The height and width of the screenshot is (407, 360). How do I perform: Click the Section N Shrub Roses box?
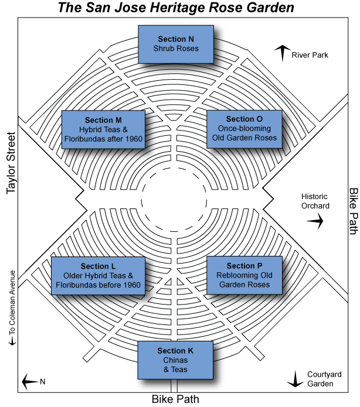[176, 45]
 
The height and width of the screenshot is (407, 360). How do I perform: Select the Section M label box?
[103, 129]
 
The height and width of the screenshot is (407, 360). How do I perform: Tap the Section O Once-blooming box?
[244, 129]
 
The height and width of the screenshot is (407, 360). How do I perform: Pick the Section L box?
[98, 276]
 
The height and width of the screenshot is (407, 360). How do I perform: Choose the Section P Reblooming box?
[244, 275]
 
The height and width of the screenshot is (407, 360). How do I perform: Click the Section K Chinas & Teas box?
[175, 360]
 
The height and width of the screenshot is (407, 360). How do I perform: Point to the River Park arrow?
[283, 53]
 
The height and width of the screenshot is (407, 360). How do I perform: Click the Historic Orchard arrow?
[315, 221]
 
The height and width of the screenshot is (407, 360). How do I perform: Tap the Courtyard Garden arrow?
[296, 379]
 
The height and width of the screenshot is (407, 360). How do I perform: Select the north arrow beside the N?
[30, 382]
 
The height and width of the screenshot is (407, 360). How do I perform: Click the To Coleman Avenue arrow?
[12, 340]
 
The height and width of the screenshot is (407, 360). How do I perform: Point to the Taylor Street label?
[11, 163]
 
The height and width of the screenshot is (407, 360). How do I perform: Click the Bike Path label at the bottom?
[175, 399]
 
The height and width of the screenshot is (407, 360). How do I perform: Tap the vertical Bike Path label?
[353, 211]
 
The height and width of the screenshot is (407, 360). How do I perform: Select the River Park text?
[310, 55]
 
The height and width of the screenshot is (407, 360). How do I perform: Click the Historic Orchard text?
[315, 201]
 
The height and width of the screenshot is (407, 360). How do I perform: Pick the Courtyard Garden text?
[324, 379]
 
